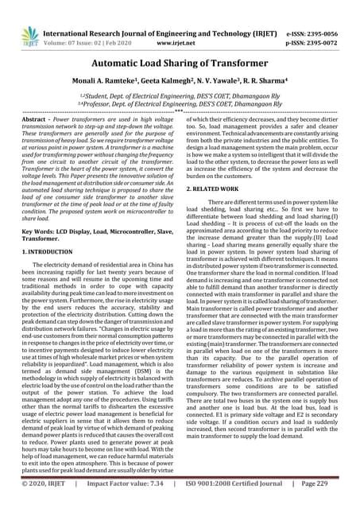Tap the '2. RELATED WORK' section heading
pos(219,188)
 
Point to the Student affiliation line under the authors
pos(180,95)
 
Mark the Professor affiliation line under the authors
pos(180,103)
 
